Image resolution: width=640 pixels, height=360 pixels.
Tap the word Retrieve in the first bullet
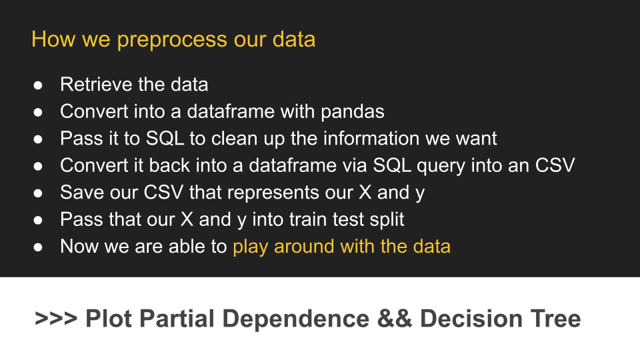pos(96,85)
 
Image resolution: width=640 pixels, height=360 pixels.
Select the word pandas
pos(352,112)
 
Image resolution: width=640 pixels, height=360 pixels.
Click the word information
pos(371,139)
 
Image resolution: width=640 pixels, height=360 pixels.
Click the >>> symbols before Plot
pos(56,319)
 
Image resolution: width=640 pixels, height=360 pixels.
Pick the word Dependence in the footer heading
pos(296,319)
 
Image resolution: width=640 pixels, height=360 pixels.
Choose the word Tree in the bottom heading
pos(555,319)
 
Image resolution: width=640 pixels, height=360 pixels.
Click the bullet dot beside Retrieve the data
pos(38,85)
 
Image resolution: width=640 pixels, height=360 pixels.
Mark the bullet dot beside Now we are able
pos(38,247)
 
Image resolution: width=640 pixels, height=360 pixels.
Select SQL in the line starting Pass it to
pos(165,139)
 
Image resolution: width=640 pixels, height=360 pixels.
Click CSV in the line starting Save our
pos(163,192)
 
